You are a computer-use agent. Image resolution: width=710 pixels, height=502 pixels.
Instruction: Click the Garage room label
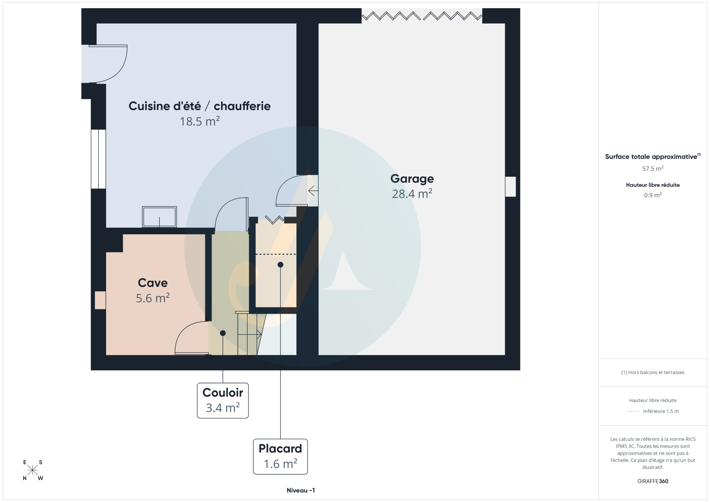click(x=412, y=179)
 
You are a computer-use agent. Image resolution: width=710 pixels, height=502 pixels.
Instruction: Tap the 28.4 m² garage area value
click(x=412, y=193)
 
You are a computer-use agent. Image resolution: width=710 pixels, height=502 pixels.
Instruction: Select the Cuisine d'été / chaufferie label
click(x=199, y=106)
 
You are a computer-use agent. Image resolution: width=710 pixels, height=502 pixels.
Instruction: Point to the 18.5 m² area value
click(x=199, y=121)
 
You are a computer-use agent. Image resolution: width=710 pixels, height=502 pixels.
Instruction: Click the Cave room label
click(x=153, y=283)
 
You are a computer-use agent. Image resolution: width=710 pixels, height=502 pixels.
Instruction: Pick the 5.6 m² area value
click(x=153, y=298)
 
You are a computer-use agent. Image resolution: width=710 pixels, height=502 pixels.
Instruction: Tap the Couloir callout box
click(x=223, y=400)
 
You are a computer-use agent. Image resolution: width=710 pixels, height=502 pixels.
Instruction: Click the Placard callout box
click(x=280, y=457)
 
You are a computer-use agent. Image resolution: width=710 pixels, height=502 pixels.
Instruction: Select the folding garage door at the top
click(x=422, y=16)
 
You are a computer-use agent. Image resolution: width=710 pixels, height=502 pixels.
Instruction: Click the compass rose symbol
click(x=33, y=470)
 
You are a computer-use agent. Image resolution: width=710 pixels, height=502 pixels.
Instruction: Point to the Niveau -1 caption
click(x=301, y=490)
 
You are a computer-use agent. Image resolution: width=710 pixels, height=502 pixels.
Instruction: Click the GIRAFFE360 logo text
click(x=653, y=481)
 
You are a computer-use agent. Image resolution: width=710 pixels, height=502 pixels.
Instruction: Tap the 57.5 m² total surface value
click(x=653, y=168)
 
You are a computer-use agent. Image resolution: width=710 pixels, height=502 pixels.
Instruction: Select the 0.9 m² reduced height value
click(x=653, y=195)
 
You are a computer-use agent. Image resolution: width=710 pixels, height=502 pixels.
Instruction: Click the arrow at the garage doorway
click(x=313, y=190)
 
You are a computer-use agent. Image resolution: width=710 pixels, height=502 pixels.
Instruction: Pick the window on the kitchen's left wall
click(x=98, y=159)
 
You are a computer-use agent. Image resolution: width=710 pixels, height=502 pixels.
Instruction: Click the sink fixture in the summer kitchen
click(x=159, y=217)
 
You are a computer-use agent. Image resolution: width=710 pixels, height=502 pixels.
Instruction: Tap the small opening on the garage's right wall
click(x=510, y=187)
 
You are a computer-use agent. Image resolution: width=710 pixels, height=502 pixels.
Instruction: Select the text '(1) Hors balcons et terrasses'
click(x=653, y=372)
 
